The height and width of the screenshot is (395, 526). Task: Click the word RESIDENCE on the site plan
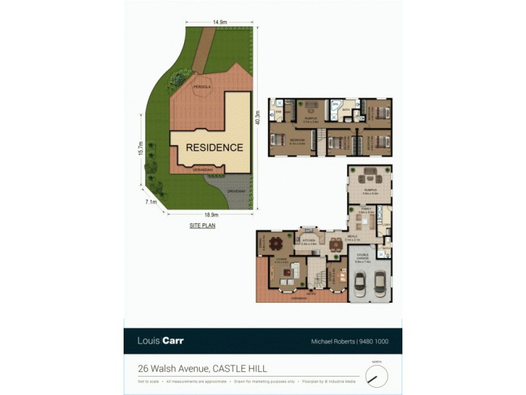click(214, 147)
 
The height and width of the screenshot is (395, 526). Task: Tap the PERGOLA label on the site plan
click(201, 87)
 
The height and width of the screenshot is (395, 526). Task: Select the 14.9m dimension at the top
click(220, 22)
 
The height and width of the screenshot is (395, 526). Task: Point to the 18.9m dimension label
click(211, 215)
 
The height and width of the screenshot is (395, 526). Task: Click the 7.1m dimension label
click(151, 202)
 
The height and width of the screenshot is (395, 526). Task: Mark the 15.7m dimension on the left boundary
click(139, 149)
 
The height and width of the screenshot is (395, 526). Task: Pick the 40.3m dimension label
click(258, 118)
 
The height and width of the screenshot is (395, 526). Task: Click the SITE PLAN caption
click(202, 225)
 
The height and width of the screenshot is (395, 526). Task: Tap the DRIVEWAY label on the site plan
click(236, 192)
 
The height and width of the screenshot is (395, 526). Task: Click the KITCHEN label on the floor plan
click(309, 241)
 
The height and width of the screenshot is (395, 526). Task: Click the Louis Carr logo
click(160, 341)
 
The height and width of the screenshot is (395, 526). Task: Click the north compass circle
click(377, 376)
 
